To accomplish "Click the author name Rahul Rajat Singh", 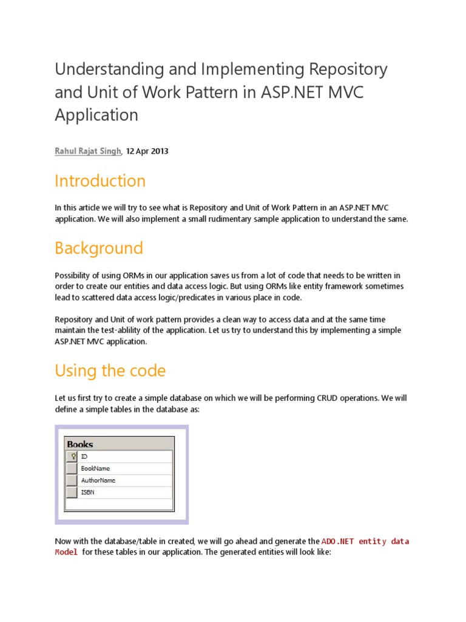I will pyautogui.click(x=89, y=151).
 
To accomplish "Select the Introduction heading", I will pyautogui.click(x=100, y=181).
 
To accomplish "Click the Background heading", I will pyautogui.click(x=98, y=248).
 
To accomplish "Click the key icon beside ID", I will pyautogui.click(x=72, y=456).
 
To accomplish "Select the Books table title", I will pyautogui.click(x=80, y=444).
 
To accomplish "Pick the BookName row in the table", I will pyautogui.click(x=95, y=468).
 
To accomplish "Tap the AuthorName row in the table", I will pyautogui.click(x=98, y=480).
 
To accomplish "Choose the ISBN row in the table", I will pyautogui.click(x=87, y=493).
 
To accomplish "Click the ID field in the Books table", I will pyautogui.click(x=84, y=456).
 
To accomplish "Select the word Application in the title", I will pyautogui.click(x=96, y=114).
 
